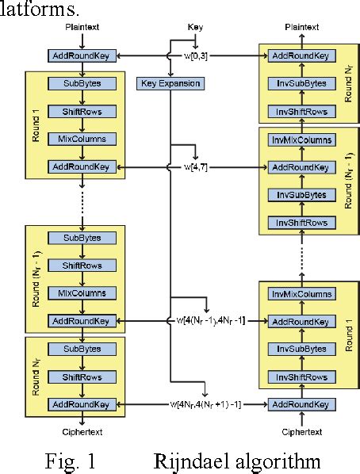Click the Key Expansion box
point(170,83)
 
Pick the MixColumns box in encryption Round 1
point(82,139)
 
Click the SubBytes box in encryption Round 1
point(82,83)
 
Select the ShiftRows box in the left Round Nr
point(82,377)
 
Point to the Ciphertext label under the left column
point(82,432)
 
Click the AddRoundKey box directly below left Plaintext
point(82,56)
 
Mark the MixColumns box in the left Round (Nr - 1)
point(82,293)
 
